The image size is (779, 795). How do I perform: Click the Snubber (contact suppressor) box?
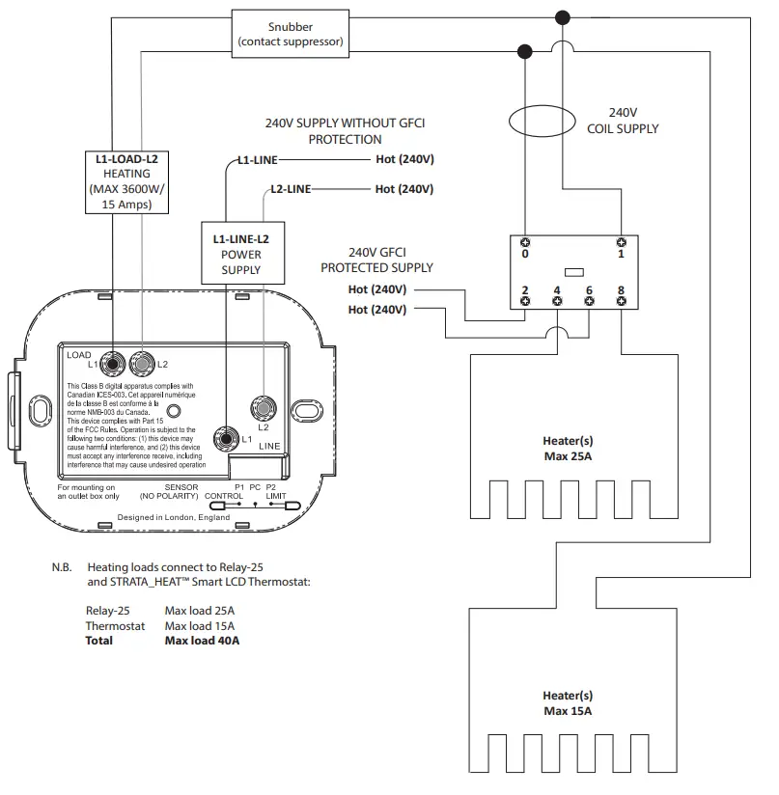(x=290, y=35)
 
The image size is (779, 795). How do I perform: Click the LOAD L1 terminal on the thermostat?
(x=115, y=364)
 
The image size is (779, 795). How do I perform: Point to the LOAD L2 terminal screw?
(x=142, y=364)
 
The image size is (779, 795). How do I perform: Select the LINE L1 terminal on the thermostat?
(x=226, y=438)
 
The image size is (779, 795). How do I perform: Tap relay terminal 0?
(x=525, y=242)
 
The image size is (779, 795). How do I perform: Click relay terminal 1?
(x=621, y=242)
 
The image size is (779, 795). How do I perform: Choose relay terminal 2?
(x=525, y=300)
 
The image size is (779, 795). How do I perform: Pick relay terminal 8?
(x=621, y=300)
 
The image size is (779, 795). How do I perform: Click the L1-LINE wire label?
(x=258, y=160)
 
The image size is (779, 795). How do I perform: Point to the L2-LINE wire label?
(x=290, y=189)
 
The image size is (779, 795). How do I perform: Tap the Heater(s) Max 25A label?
(x=568, y=449)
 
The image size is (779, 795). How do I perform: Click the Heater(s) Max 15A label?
(x=568, y=703)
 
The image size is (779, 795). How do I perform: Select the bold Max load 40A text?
(x=202, y=640)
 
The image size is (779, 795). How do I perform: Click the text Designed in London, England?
(x=174, y=518)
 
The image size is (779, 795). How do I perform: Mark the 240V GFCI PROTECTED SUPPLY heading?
(x=377, y=260)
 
